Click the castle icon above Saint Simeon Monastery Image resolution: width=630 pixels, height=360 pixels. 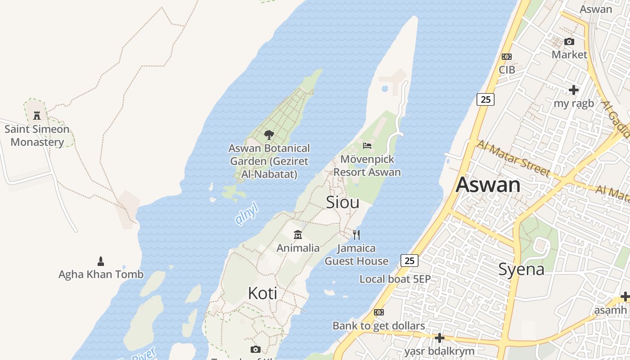[x=37, y=116]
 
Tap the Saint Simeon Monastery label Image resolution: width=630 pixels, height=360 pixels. [x=37, y=136]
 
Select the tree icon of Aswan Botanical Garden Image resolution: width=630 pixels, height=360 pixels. [x=269, y=135]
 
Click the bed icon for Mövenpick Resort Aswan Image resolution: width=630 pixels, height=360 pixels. [x=367, y=146]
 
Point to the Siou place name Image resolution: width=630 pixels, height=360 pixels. [x=342, y=202]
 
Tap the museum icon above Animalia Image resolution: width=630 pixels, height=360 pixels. [x=298, y=235]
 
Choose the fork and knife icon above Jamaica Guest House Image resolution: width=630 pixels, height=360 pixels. [x=356, y=234]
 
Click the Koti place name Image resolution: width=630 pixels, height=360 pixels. [x=262, y=293]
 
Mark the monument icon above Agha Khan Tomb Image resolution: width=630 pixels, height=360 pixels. [x=101, y=261]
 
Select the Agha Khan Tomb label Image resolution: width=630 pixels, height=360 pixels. [x=101, y=274]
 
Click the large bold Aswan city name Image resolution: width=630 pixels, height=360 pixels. [x=488, y=185]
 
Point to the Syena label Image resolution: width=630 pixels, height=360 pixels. [x=521, y=269]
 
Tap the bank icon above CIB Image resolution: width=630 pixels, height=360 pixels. [x=507, y=57]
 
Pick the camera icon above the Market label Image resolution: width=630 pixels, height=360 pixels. [x=569, y=42]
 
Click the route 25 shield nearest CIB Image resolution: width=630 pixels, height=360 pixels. [x=485, y=99]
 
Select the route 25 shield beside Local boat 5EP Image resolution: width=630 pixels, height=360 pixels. [x=409, y=261]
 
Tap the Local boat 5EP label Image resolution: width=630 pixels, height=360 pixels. [x=395, y=279]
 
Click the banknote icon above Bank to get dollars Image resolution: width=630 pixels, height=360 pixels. [x=379, y=312]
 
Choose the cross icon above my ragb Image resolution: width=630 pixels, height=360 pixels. [x=573, y=90]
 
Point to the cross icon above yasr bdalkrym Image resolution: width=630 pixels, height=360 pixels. [x=439, y=337]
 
